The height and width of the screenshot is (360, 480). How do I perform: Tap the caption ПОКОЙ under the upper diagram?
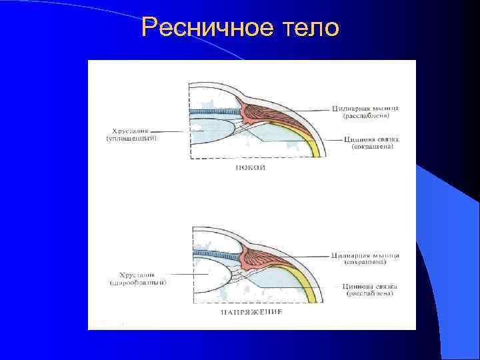pyautogui.click(x=250, y=168)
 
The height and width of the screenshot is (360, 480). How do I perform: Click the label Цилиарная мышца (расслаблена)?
pyautogui.click(x=365, y=112)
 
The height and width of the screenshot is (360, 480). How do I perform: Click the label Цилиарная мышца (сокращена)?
pyautogui.click(x=365, y=259)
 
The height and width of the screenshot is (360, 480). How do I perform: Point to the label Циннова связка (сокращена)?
pyautogui.click(x=371, y=143)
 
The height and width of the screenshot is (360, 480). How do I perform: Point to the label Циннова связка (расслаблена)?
pyautogui.click(x=368, y=289)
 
